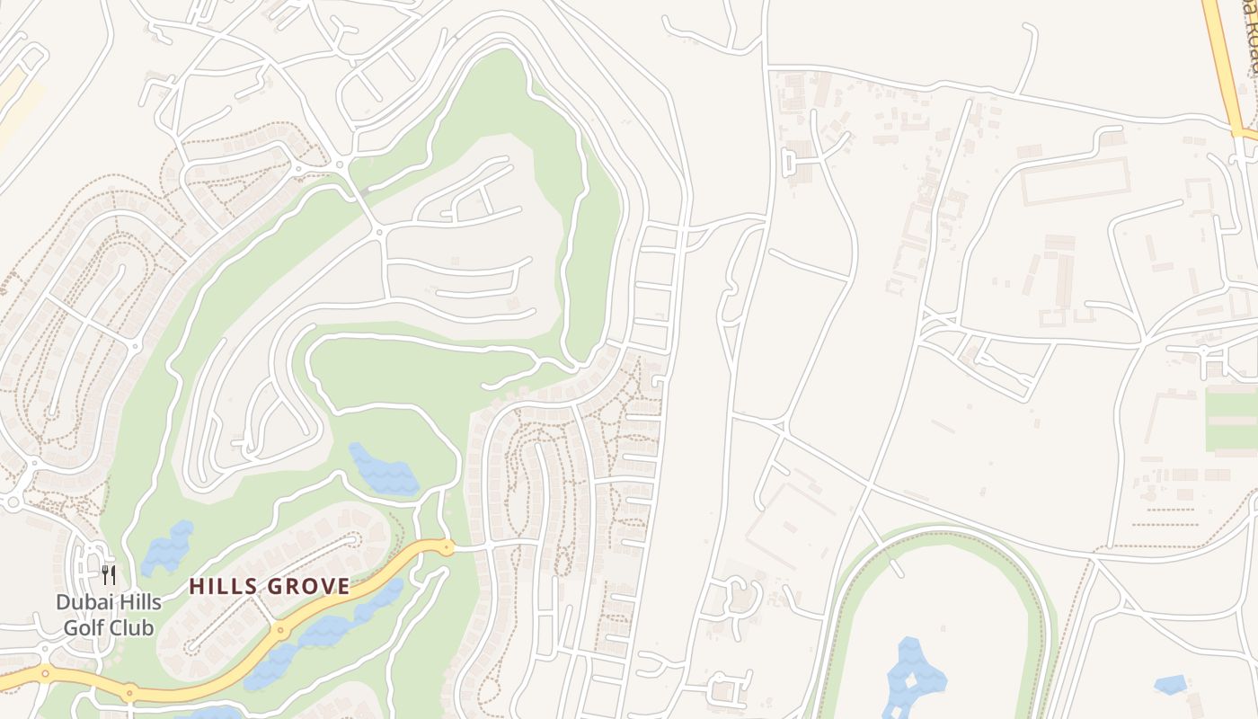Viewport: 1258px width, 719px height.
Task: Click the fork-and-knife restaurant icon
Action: click(x=109, y=575)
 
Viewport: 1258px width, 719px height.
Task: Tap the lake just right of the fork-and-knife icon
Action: click(x=167, y=546)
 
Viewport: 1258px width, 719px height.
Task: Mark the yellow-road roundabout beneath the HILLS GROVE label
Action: click(x=281, y=629)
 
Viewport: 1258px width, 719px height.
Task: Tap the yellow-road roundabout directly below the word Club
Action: click(x=130, y=691)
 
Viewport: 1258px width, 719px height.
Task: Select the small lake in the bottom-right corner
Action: click(x=1170, y=685)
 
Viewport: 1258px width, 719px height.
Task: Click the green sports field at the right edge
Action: click(x=1232, y=420)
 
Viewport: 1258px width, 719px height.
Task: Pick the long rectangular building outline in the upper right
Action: click(x=1075, y=181)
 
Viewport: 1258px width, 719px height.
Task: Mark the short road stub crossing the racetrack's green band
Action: click(x=895, y=566)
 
